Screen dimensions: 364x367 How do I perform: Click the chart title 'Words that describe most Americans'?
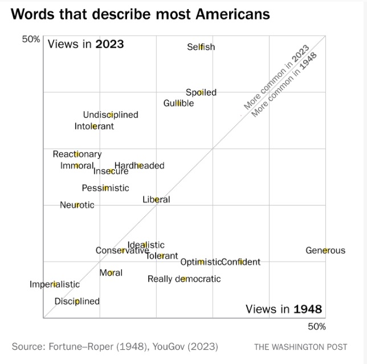click(x=140, y=14)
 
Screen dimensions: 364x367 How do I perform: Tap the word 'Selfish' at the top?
click(x=201, y=47)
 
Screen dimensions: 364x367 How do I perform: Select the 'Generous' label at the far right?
click(x=325, y=250)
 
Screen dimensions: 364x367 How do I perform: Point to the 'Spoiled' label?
click(x=201, y=92)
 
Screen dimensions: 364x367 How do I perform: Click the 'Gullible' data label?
click(x=178, y=103)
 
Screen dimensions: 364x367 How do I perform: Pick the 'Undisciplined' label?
click(x=111, y=114)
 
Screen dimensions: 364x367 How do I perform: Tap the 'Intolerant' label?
click(x=94, y=126)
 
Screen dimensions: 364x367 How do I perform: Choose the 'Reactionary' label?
click(x=77, y=154)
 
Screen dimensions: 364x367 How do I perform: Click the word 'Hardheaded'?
click(x=140, y=165)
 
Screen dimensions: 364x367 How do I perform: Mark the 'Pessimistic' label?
click(x=105, y=188)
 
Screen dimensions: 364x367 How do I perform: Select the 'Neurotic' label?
click(x=77, y=205)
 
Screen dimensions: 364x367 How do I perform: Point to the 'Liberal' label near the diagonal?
click(x=156, y=199)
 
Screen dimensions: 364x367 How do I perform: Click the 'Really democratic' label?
click(x=184, y=279)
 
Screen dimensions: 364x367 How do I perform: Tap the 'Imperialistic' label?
click(x=55, y=284)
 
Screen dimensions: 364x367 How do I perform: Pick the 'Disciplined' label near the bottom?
click(x=77, y=301)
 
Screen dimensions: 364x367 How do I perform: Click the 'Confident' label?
click(x=240, y=262)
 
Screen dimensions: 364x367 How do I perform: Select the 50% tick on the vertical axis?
click(x=31, y=39)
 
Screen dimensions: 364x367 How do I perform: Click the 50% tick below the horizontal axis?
click(x=317, y=326)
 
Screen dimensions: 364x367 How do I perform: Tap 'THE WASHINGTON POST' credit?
click(x=300, y=346)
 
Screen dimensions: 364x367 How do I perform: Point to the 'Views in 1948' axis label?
click(x=284, y=309)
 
